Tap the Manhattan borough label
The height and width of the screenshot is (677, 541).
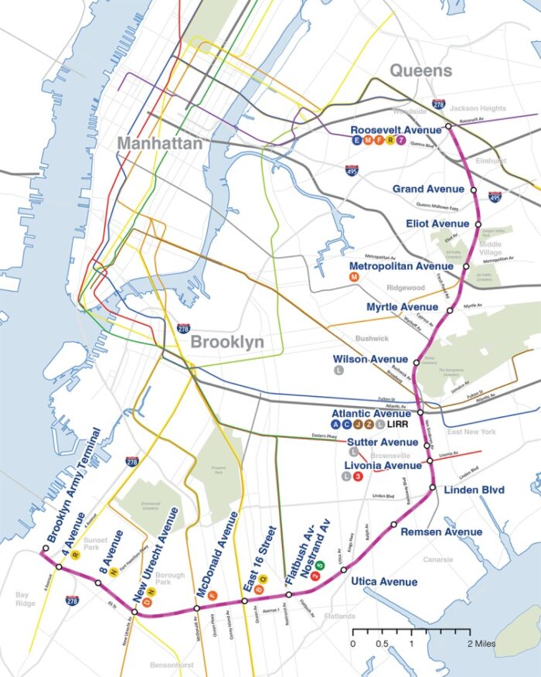[x=160, y=144]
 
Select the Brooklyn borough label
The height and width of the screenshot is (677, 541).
[x=227, y=342]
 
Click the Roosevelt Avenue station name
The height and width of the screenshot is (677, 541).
[x=396, y=130]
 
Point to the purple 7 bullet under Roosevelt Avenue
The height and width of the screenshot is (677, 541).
[x=400, y=141]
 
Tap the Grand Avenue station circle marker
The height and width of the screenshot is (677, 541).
[x=474, y=190]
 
